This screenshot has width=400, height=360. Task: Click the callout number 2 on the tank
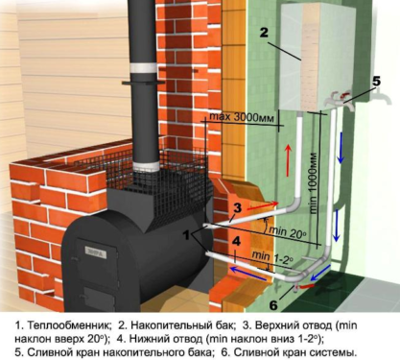coord(264,32)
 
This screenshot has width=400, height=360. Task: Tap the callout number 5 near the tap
coord(376,82)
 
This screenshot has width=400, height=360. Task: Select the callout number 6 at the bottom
coord(273,305)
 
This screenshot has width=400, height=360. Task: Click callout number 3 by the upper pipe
coord(237,208)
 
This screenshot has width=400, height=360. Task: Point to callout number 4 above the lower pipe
coord(236,241)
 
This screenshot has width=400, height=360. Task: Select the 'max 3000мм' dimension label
coord(242,117)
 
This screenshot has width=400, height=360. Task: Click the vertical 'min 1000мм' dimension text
coord(314,183)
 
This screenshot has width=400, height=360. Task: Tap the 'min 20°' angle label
coord(288,231)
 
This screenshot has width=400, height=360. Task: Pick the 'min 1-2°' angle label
coord(272,257)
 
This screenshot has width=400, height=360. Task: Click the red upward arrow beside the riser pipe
coord(289,160)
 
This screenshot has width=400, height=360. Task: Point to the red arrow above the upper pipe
coord(263,205)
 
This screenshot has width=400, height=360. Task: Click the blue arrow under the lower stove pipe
coord(248,275)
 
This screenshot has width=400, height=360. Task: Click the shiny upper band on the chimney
coord(143,68)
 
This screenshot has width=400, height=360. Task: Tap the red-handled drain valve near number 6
coord(305,286)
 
